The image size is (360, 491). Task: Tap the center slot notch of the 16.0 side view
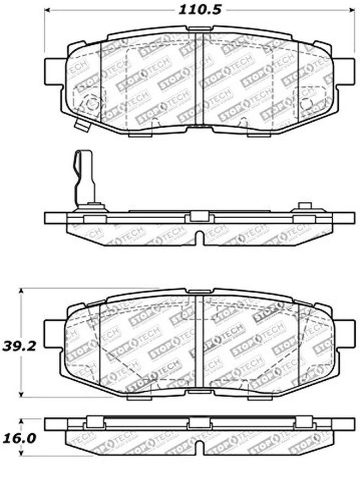(x=200, y=448)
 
